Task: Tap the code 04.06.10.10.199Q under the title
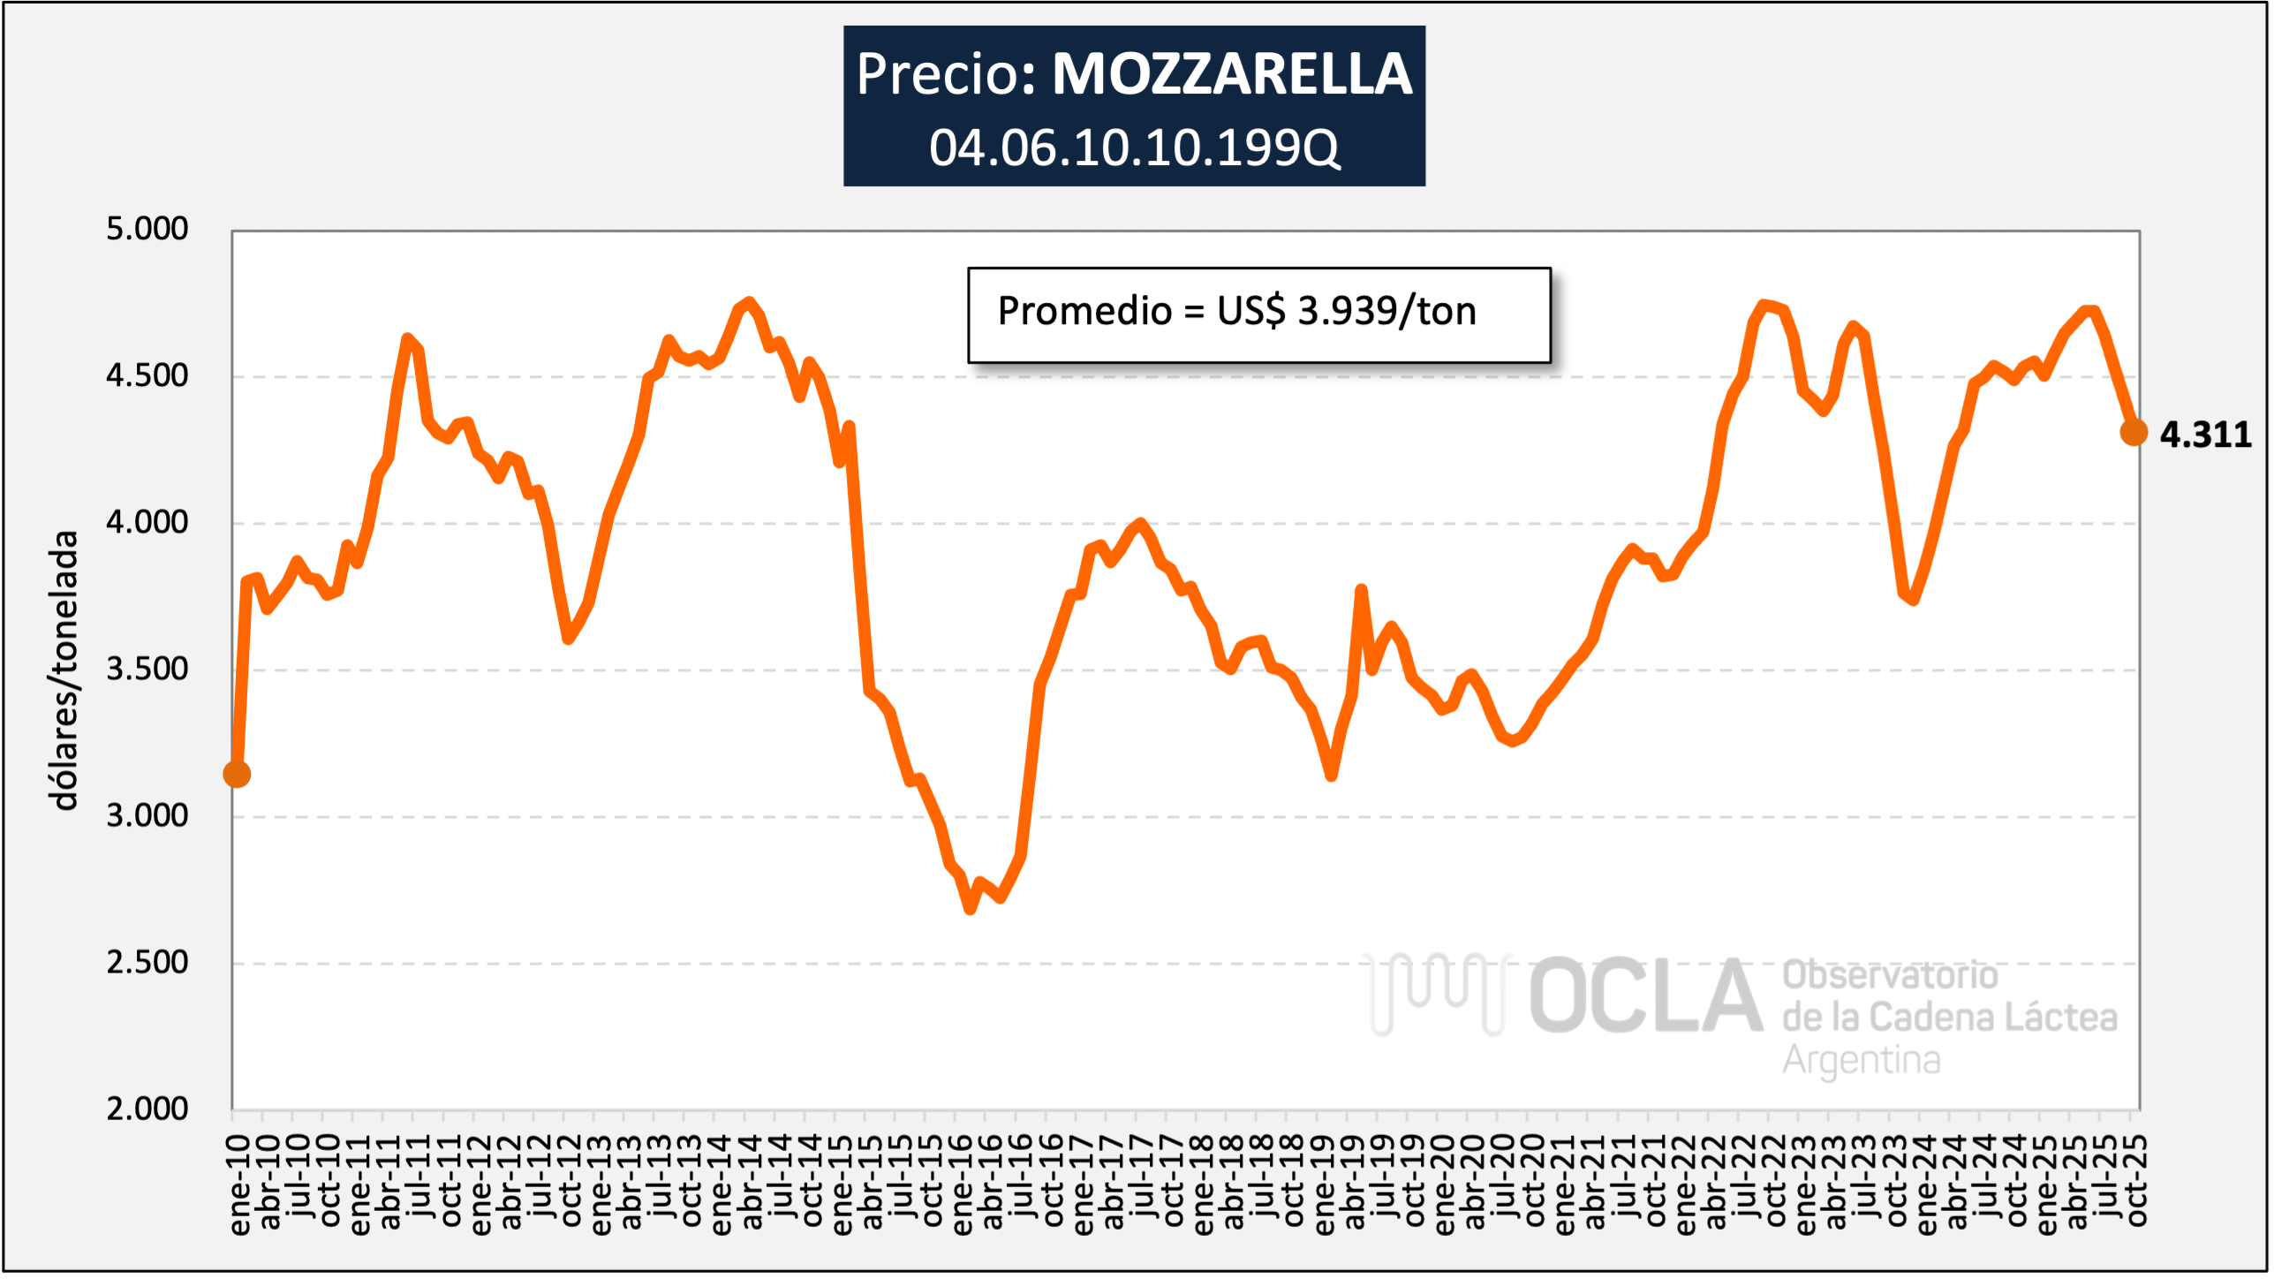(x=1134, y=148)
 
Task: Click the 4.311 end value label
(x=2205, y=435)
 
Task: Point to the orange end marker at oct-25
(x=2133, y=433)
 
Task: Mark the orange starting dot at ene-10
(x=237, y=774)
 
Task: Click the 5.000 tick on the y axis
(x=147, y=229)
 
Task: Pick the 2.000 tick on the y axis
(x=147, y=1109)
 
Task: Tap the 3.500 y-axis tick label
(x=147, y=669)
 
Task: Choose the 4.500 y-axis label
(x=147, y=375)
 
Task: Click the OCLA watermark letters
(x=1644, y=996)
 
